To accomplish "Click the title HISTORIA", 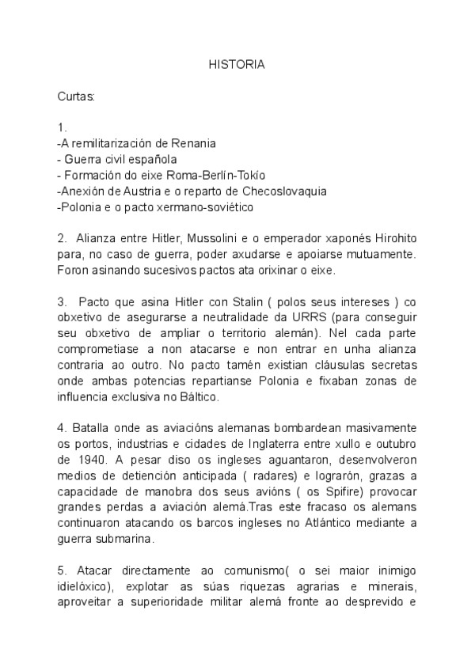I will click(x=237, y=66).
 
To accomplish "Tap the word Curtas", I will click(x=76, y=97).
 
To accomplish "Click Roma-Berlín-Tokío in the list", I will click(x=217, y=175).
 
